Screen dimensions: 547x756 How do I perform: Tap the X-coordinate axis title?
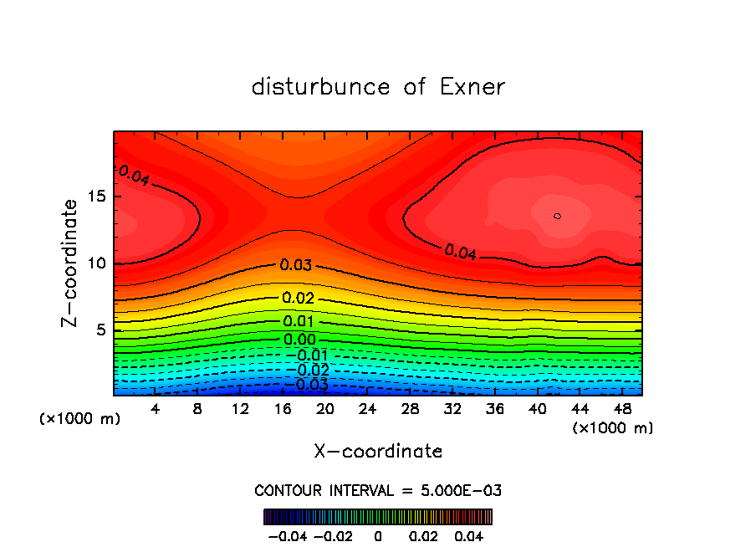[x=378, y=452]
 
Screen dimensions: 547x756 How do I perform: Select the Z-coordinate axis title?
[x=70, y=263]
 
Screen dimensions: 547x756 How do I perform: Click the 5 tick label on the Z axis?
[x=100, y=330]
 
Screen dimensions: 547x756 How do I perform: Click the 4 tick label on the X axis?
[x=156, y=409]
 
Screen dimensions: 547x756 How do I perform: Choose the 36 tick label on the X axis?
[x=495, y=409]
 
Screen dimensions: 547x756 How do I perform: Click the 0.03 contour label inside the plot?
[x=296, y=266]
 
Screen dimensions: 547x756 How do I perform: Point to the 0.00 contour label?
[x=299, y=340]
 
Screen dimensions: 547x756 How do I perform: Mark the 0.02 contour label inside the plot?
[x=299, y=299]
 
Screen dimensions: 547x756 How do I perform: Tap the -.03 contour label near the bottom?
[x=308, y=385]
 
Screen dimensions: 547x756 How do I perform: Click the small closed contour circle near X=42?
[x=557, y=216]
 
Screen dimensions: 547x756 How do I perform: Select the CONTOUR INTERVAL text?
[x=378, y=490]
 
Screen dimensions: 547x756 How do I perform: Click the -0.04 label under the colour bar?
[x=288, y=535]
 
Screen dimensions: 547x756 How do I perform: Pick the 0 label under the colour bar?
[x=378, y=535]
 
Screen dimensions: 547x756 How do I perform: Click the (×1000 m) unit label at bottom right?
[x=612, y=428]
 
